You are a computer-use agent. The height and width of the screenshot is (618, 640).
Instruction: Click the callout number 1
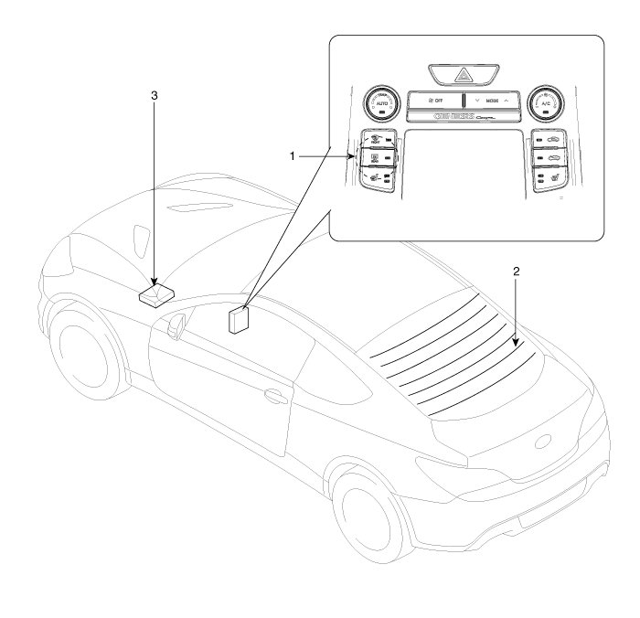[293, 156]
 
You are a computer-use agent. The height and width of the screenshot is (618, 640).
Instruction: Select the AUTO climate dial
[381, 106]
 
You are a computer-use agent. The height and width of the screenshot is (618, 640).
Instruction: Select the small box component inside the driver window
[239, 321]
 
